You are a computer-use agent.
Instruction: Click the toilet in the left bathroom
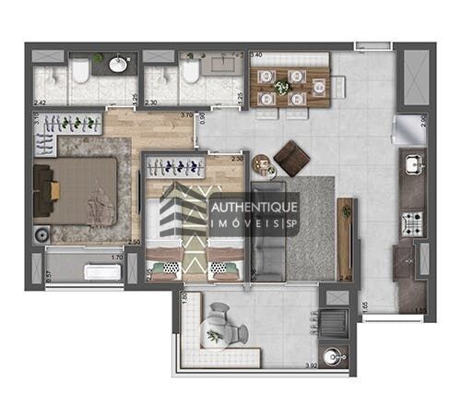click(x=81, y=70)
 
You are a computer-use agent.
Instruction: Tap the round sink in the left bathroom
click(x=119, y=64)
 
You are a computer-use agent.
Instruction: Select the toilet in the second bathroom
click(x=191, y=71)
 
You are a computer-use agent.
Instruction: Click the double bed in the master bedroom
click(x=78, y=191)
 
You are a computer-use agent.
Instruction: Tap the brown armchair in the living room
click(x=292, y=158)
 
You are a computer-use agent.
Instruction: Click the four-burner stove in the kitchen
click(x=411, y=221)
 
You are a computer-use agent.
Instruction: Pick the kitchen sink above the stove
click(x=412, y=165)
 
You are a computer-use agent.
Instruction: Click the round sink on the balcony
click(x=333, y=354)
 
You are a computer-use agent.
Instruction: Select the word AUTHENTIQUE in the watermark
click(x=253, y=208)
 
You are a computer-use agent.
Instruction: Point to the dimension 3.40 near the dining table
click(x=255, y=55)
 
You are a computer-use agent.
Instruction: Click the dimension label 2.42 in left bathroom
click(x=40, y=102)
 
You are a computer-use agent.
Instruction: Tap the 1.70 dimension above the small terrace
click(x=116, y=257)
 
